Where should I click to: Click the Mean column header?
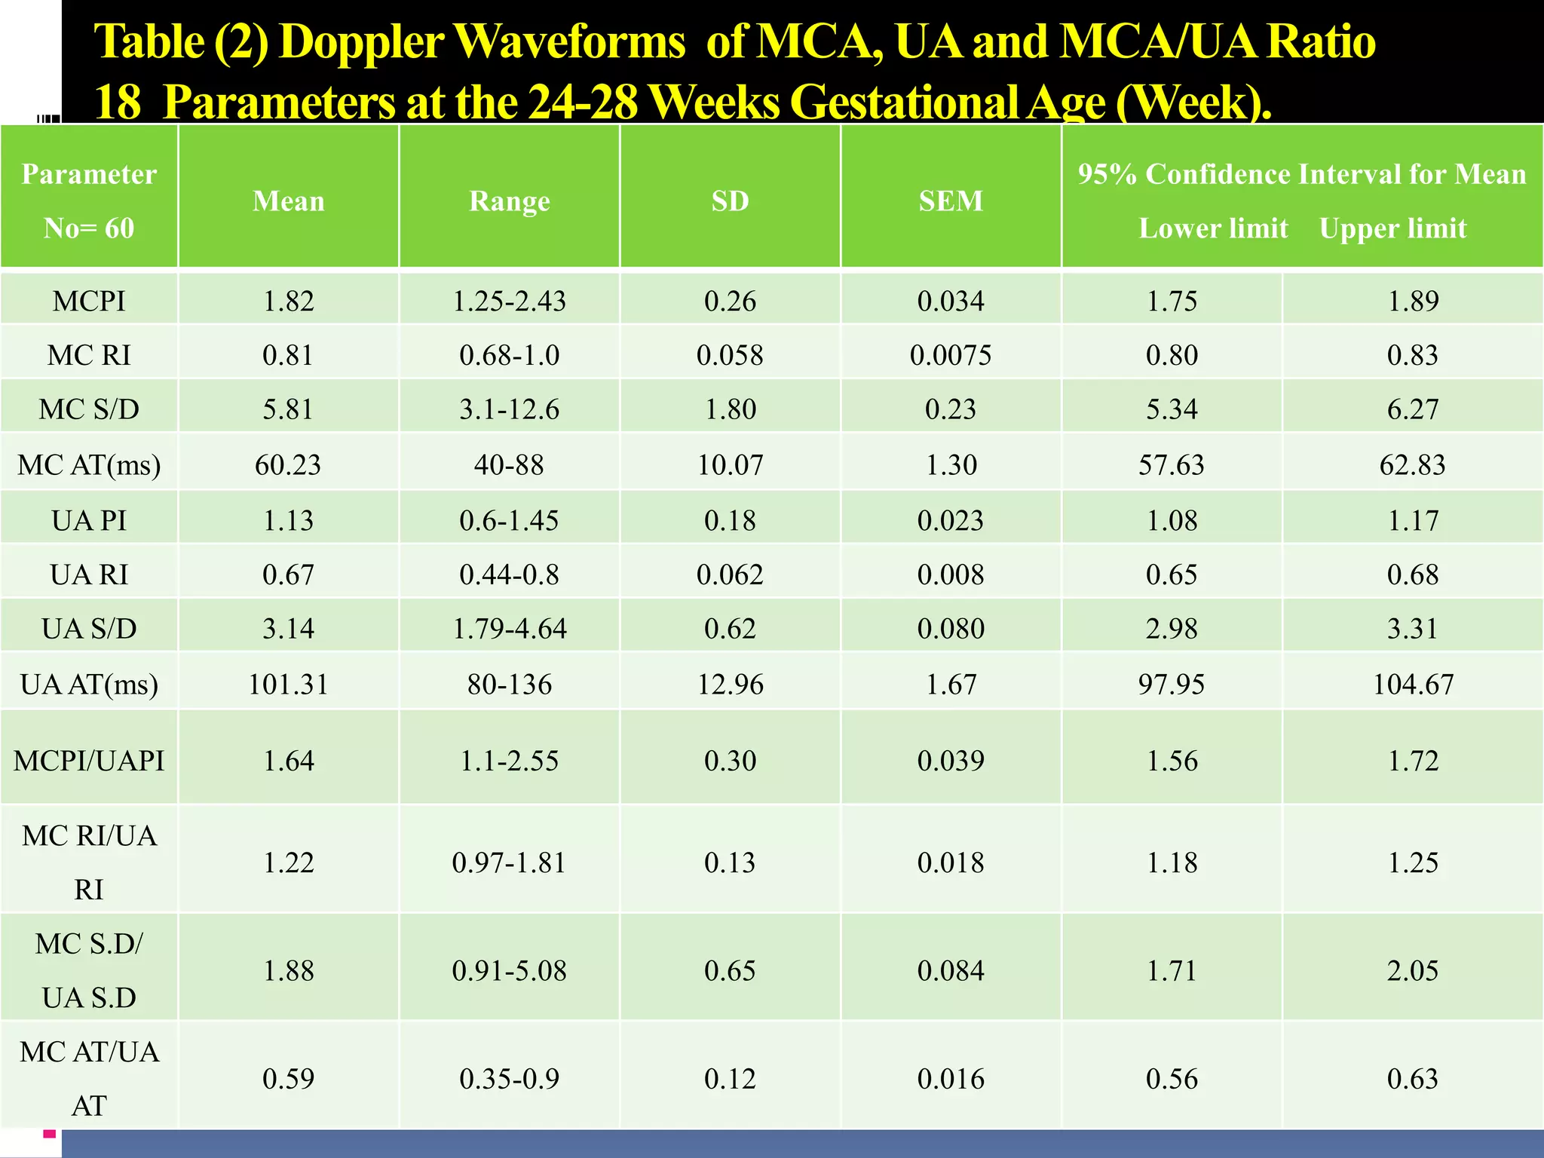[288, 201]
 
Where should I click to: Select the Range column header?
[510, 201]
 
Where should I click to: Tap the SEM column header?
[951, 201]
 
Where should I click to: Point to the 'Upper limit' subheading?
[1392, 228]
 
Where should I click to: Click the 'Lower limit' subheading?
[1213, 228]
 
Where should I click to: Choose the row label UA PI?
[89, 520]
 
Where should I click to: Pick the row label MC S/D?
[89, 409]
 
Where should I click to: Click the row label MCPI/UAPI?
[89, 761]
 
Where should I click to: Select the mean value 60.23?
[288, 465]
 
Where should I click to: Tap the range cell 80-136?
[510, 685]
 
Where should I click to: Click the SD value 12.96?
[730, 685]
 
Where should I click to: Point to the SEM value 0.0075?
[951, 355]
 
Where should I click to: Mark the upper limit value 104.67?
[1413, 685]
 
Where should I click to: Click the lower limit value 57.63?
[1172, 465]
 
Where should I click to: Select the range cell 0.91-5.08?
[510, 971]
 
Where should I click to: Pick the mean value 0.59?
[288, 1079]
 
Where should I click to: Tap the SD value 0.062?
[730, 575]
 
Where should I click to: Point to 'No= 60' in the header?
[89, 228]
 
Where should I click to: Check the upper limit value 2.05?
[1413, 971]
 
